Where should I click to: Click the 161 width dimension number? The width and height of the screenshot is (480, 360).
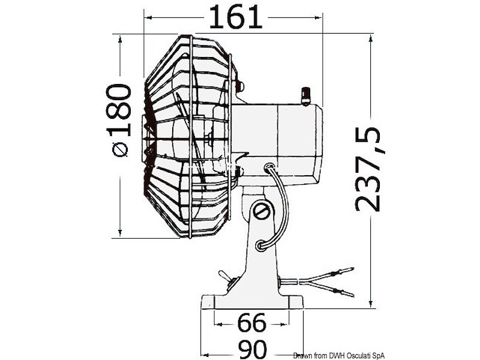coord(235,17)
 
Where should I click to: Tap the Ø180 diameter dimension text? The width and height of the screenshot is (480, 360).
coord(121,120)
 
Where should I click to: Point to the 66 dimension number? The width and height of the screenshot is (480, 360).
coord(251,323)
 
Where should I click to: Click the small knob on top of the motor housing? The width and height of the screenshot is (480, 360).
coord(306,95)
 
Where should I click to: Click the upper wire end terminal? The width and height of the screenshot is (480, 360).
coord(347,273)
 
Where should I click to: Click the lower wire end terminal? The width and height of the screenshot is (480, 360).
coord(346,293)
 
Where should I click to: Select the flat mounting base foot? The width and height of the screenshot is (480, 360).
coord(251,301)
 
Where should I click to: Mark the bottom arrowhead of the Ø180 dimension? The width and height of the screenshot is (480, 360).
coord(121,234)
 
